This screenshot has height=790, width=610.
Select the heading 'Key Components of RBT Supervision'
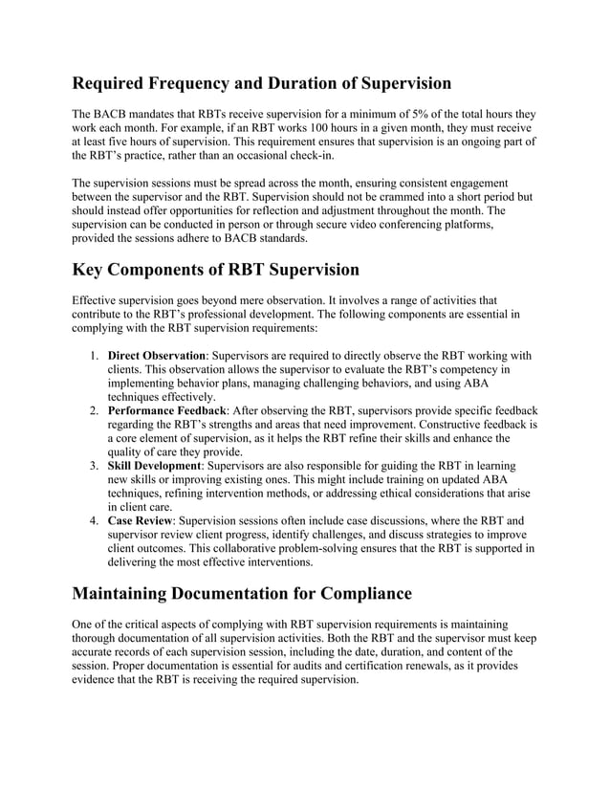[x=216, y=271]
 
